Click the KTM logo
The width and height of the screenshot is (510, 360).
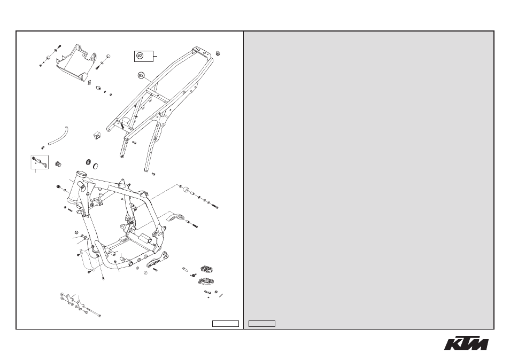pyautogui.click(x=466, y=343)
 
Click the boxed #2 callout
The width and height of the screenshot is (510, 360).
pyautogui.click(x=144, y=56)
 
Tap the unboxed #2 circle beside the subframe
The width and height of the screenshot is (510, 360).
pyautogui.click(x=141, y=75)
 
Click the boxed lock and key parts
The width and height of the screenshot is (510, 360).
pyautogui.click(x=40, y=162)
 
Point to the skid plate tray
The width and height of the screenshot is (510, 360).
pyautogui.click(x=75, y=62)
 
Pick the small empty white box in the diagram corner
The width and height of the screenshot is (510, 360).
pyautogui.click(x=226, y=324)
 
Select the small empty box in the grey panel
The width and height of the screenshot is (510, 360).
pyautogui.click(x=262, y=324)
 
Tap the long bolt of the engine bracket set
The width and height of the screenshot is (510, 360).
pyautogui.click(x=92, y=311)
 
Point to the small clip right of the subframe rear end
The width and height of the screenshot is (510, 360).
pyautogui.click(x=219, y=53)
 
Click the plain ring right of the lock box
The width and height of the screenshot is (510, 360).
pyautogui.click(x=96, y=166)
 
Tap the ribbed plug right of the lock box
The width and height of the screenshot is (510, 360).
pyautogui.click(x=59, y=164)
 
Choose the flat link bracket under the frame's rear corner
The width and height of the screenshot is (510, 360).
pyautogui.click(x=157, y=260)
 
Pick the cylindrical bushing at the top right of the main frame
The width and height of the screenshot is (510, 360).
pyautogui.click(x=187, y=190)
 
